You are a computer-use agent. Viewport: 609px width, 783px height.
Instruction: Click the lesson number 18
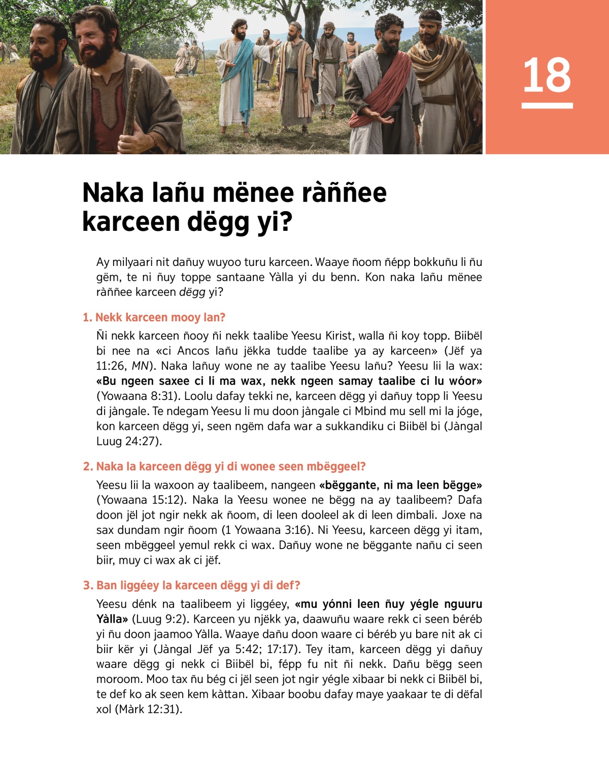[x=547, y=75]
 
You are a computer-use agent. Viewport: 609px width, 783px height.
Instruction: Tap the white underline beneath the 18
[x=547, y=106]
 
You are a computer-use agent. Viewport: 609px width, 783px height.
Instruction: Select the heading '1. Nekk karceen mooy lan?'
[x=154, y=318]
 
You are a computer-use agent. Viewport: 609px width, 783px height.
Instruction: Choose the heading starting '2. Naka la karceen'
[x=224, y=466]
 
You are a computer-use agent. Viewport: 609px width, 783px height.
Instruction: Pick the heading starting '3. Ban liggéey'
[x=191, y=586]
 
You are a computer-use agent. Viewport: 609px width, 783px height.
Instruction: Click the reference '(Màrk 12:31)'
[x=139, y=709]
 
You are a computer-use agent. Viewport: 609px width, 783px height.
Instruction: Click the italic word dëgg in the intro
[x=192, y=292]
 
